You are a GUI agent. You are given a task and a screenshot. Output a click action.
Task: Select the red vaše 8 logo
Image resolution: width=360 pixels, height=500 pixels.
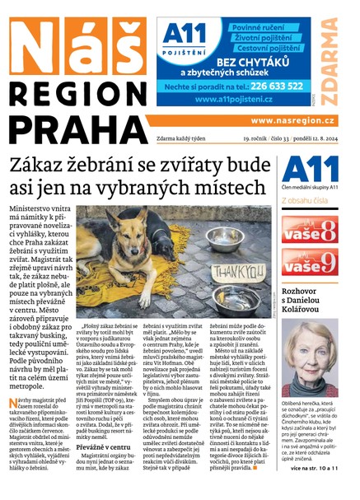point(310,228)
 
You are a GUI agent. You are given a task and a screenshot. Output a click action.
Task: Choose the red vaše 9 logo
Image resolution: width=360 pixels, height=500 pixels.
point(310,262)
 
